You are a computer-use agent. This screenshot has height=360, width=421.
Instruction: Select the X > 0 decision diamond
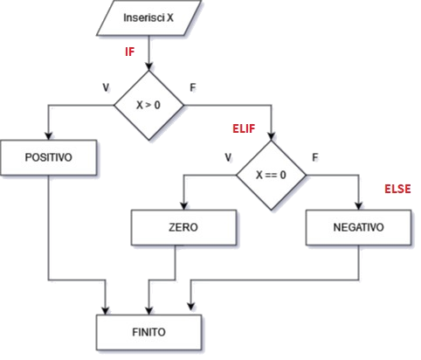click(x=151, y=107)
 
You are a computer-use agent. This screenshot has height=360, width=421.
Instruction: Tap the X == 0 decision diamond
click(x=272, y=174)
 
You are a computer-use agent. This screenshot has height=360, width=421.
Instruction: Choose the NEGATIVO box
click(x=357, y=227)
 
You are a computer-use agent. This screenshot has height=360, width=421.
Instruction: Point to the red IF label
click(x=128, y=52)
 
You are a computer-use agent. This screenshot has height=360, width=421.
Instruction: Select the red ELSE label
click(x=397, y=189)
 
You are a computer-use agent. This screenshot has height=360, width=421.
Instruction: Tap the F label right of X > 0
click(x=193, y=87)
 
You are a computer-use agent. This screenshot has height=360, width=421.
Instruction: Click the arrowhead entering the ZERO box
click(x=183, y=204)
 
